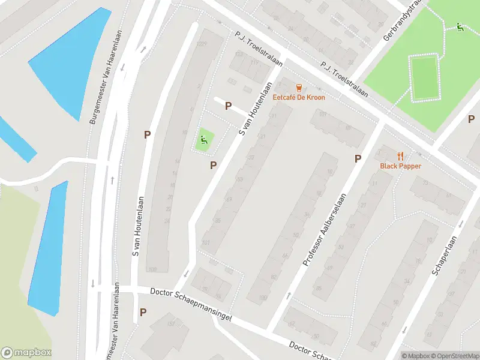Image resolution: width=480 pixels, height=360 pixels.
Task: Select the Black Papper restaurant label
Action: click(x=400, y=166)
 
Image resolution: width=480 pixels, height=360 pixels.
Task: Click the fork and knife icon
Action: click(x=400, y=156)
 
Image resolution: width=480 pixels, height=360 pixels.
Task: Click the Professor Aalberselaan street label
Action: click(x=325, y=230)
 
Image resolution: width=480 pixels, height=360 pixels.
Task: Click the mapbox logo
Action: click(x=26, y=353)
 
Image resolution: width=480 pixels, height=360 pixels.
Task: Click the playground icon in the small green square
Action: click(x=204, y=141)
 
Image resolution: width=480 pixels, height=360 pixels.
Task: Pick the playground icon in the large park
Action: click(x=460, y=26)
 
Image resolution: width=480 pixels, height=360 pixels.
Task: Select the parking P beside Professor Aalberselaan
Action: click(x=358, y=158)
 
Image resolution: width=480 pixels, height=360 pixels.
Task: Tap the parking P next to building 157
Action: click(x=143, y=312)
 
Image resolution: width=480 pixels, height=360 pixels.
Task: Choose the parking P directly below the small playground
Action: click(x=213, y=165)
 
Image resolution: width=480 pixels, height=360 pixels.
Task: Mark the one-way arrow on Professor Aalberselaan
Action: click(x=290, y=295)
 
